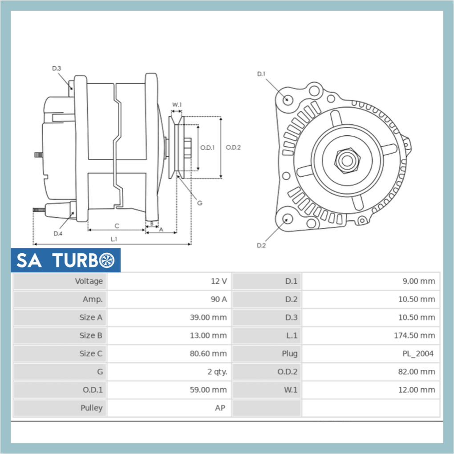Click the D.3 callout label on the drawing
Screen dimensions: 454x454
(57, 69)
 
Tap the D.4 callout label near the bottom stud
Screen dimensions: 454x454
(58, 234)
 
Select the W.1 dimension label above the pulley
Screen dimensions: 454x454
(177, 105)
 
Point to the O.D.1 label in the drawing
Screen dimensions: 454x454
(207, 148)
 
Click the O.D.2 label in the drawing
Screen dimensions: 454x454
(233, 148)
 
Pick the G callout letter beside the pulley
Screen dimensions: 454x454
(199, 203)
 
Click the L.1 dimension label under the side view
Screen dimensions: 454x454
(114, 239)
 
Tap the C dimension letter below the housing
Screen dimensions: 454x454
(117, 226)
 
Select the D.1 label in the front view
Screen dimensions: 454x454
(261, 74)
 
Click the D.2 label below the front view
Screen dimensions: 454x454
(261, 245)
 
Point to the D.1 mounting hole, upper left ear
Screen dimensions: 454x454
(288, 99)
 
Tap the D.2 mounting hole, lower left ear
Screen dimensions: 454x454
(288, 218)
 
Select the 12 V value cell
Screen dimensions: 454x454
(219, 281)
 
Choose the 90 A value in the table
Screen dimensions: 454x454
(219, 300)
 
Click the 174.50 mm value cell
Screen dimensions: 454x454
(414, 336)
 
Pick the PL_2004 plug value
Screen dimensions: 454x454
(418, 354)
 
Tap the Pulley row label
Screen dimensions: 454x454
(91, 408)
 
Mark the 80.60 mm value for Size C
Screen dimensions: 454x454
(208, 354)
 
